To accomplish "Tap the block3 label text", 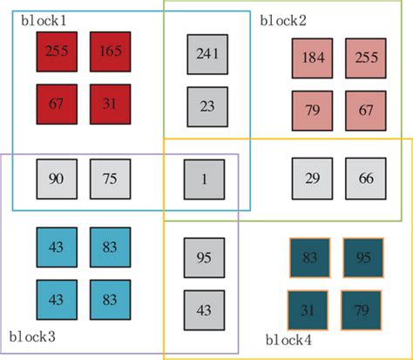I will coord(32,335).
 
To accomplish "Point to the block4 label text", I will coord(288,339).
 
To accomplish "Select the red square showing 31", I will coord(110,104).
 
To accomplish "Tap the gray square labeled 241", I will coord(206,54).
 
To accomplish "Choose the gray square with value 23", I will coord(206,106).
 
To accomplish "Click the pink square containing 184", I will coord(312,58).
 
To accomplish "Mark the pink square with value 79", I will coord(312,111).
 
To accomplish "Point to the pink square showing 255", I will coord(365,58).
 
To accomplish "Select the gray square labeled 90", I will coord(57,179).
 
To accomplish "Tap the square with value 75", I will coord(110,179).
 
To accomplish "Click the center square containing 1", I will coord(204,179).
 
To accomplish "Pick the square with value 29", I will coord(312,178).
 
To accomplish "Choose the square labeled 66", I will coord(365,178).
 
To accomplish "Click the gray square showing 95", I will coord(204,257).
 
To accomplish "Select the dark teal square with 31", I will coord(308,309).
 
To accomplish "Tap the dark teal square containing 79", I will coord(362,309).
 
